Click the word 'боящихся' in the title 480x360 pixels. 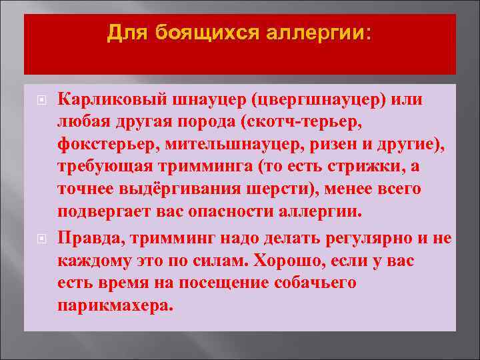tap(206, 32)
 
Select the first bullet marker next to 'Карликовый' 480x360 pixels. tap(41, 99)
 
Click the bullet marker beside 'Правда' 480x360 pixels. tap(41, 238)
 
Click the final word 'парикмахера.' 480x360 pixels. tap(115, 305)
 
